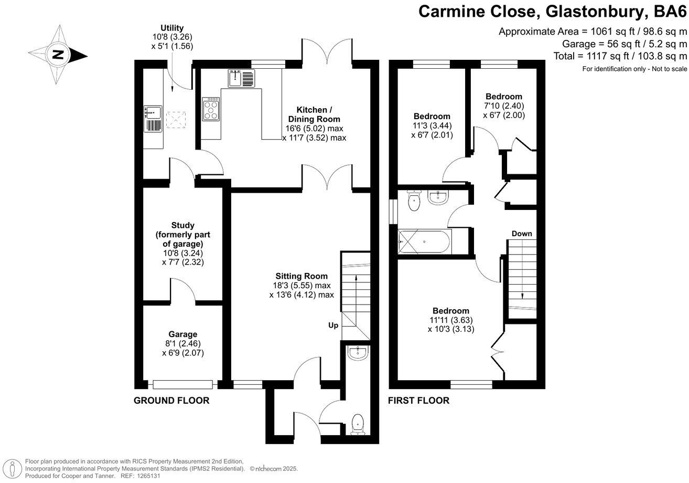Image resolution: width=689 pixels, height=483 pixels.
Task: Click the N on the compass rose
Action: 58,55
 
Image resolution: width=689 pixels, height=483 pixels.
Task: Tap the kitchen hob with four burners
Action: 211,109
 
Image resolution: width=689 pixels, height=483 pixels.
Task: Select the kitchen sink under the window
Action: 241,78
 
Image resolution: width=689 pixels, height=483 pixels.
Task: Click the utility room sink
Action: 153,119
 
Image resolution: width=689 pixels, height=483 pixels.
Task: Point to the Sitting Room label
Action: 302,276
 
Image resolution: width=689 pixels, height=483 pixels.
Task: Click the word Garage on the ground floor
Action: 182,334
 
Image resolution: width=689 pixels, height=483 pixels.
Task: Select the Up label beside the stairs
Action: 333,325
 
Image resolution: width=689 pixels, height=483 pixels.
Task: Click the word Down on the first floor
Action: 522,234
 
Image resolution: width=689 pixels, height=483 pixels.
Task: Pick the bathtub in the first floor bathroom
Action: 425,242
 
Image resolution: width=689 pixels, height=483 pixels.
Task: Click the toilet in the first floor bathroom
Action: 414,201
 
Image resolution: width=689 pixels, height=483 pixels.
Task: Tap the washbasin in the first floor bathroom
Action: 438,197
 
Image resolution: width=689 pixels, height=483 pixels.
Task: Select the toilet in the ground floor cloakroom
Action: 358,425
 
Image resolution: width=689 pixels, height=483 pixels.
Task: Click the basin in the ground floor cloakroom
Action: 358,353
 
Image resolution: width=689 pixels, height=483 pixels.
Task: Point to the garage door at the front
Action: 182,384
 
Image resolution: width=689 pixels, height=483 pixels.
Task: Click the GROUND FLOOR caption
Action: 171,401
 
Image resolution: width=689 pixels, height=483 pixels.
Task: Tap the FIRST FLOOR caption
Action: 418,401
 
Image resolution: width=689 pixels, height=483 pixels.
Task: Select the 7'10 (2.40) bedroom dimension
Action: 504,106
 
